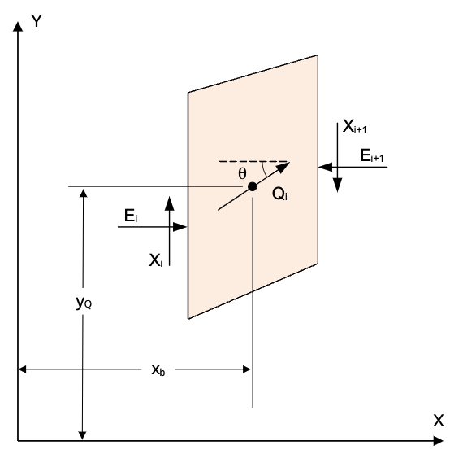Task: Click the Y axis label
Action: pos(37,21)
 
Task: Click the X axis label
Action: pos(438,421)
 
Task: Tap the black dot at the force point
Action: pos(253,187)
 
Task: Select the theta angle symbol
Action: pos(243,174)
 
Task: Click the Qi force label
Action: pos(279,194)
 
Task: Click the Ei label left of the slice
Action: pos(131,216)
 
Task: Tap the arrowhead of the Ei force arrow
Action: pos(180,227)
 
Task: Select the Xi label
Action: pos(156,260)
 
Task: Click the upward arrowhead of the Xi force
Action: pos(170,203)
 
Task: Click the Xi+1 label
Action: pos(354,127)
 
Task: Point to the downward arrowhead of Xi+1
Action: pos(338,185)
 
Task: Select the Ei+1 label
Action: pos(372,155)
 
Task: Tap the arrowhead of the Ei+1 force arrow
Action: pos(325,167)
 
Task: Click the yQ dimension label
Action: pos(84,303)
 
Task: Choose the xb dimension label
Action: pos(158,369)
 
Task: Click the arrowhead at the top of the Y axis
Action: pos(18,27)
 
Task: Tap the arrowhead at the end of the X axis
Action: pos(439,441)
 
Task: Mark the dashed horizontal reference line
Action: pos(254,161)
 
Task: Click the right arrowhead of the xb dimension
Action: pos(247,369)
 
